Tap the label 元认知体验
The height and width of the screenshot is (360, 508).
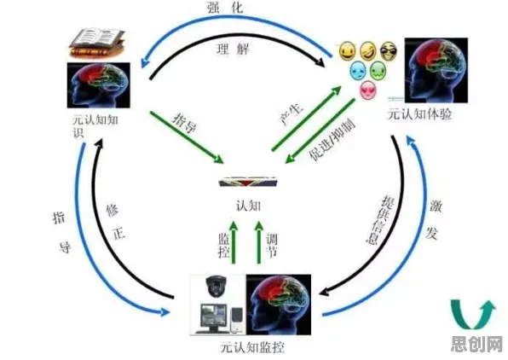[x=420, y=114]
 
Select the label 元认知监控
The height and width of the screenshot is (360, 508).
[x=252, y=347]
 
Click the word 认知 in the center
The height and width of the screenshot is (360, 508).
[x=249, y=206]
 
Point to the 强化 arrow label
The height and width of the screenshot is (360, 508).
[x=225, y=8]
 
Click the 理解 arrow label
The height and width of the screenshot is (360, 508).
[x=233, y=49]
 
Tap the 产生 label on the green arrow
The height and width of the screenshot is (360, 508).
[x=292, y=115]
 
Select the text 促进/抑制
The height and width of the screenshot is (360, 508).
[x=332, y=139]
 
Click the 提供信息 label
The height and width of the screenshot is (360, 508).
[x=379, y=220]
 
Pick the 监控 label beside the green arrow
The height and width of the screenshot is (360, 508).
[x=223, y=246]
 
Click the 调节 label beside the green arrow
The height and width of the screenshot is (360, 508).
[x=272, y=246]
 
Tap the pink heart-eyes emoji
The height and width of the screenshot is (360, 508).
[x=368, y=90]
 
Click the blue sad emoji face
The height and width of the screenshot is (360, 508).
[x=358, y=70]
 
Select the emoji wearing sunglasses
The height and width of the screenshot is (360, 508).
[x=388, y=51]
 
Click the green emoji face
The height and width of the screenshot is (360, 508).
[x=378, y=70]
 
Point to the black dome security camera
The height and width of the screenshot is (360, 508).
[x=214, y=286]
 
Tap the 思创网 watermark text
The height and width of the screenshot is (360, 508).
[x=476, y=344]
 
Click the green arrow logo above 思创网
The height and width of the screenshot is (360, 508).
[x=472, y=314]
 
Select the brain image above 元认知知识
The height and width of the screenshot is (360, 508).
[x=99, y=85]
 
